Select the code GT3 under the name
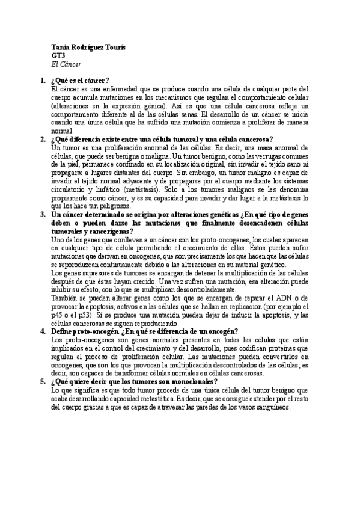[58, 55]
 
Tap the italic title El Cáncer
[66, 64]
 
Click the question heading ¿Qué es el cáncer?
[80, 80]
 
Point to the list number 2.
[43, 139]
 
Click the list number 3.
[43, 214]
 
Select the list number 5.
[43, 381]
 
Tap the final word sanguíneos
[270, 407]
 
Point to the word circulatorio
[70, 189]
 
